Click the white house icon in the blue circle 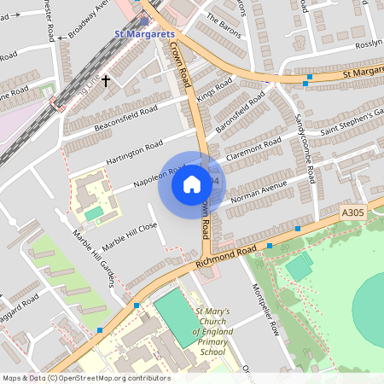(x=192, y=184)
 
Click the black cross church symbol (x=106, y=81)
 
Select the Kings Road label (x=214, y=90)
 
